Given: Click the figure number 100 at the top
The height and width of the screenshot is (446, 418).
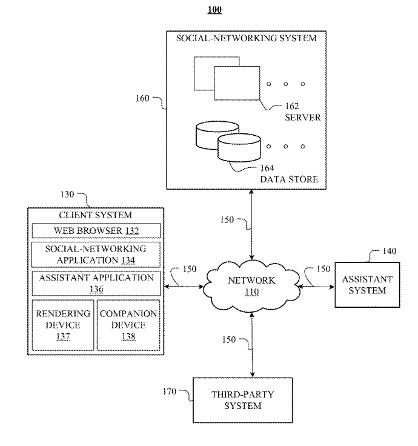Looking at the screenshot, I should (214, 10).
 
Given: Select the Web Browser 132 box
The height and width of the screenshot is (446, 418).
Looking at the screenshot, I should (96, 231).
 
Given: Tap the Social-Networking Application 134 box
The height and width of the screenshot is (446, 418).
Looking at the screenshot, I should (96, 254).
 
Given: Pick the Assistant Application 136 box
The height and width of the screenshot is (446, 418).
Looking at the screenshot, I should (96, 283).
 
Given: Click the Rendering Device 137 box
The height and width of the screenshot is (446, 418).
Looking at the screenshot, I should (63, 325).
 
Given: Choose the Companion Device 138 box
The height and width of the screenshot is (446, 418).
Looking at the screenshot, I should (128, 325).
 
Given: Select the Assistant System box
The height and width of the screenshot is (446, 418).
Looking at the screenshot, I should (367, 285).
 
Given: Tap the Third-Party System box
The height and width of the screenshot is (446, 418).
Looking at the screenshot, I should (242, 400).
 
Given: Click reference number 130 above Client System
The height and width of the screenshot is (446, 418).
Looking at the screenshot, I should (67, 195).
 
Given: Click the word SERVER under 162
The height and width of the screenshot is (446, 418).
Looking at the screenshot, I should (302, 116).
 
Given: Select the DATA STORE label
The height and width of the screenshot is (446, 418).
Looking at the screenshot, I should (289, 179).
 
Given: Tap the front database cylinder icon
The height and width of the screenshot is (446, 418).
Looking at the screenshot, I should (239, 147).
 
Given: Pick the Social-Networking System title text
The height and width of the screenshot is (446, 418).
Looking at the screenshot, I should (246, 38).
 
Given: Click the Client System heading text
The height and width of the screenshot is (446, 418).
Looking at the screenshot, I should (95, 215).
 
